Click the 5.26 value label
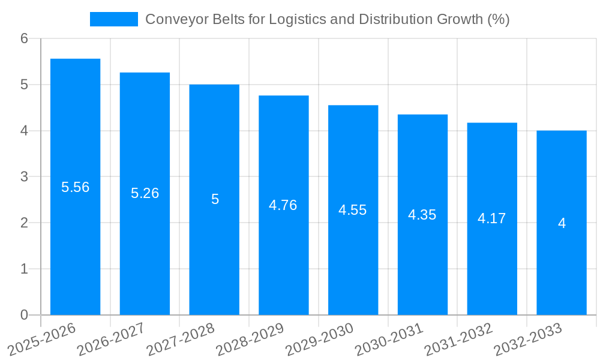coord(145,193)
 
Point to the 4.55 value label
coord(352,210)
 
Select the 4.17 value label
coord(491,218)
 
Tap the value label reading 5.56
coord(75,187)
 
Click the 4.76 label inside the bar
coord(283,205)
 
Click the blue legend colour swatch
coord(113,19)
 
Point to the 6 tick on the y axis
coord(24,38)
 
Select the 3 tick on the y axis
coord(24,177)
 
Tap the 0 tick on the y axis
coord(24,315)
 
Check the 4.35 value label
coord(422,215)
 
